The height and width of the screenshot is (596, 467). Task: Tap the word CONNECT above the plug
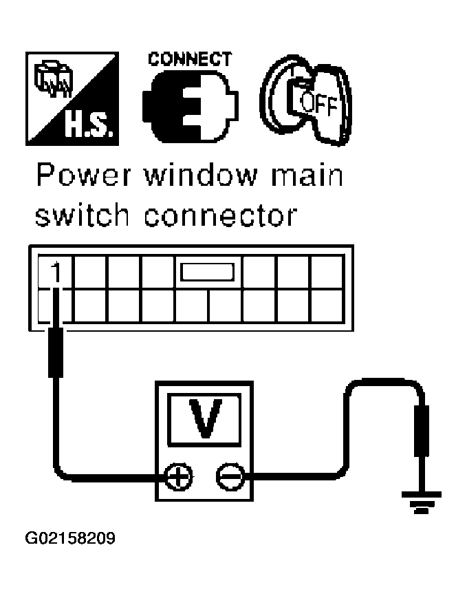click(191, 58)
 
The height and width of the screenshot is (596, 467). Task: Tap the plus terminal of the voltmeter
click(177, 476)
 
